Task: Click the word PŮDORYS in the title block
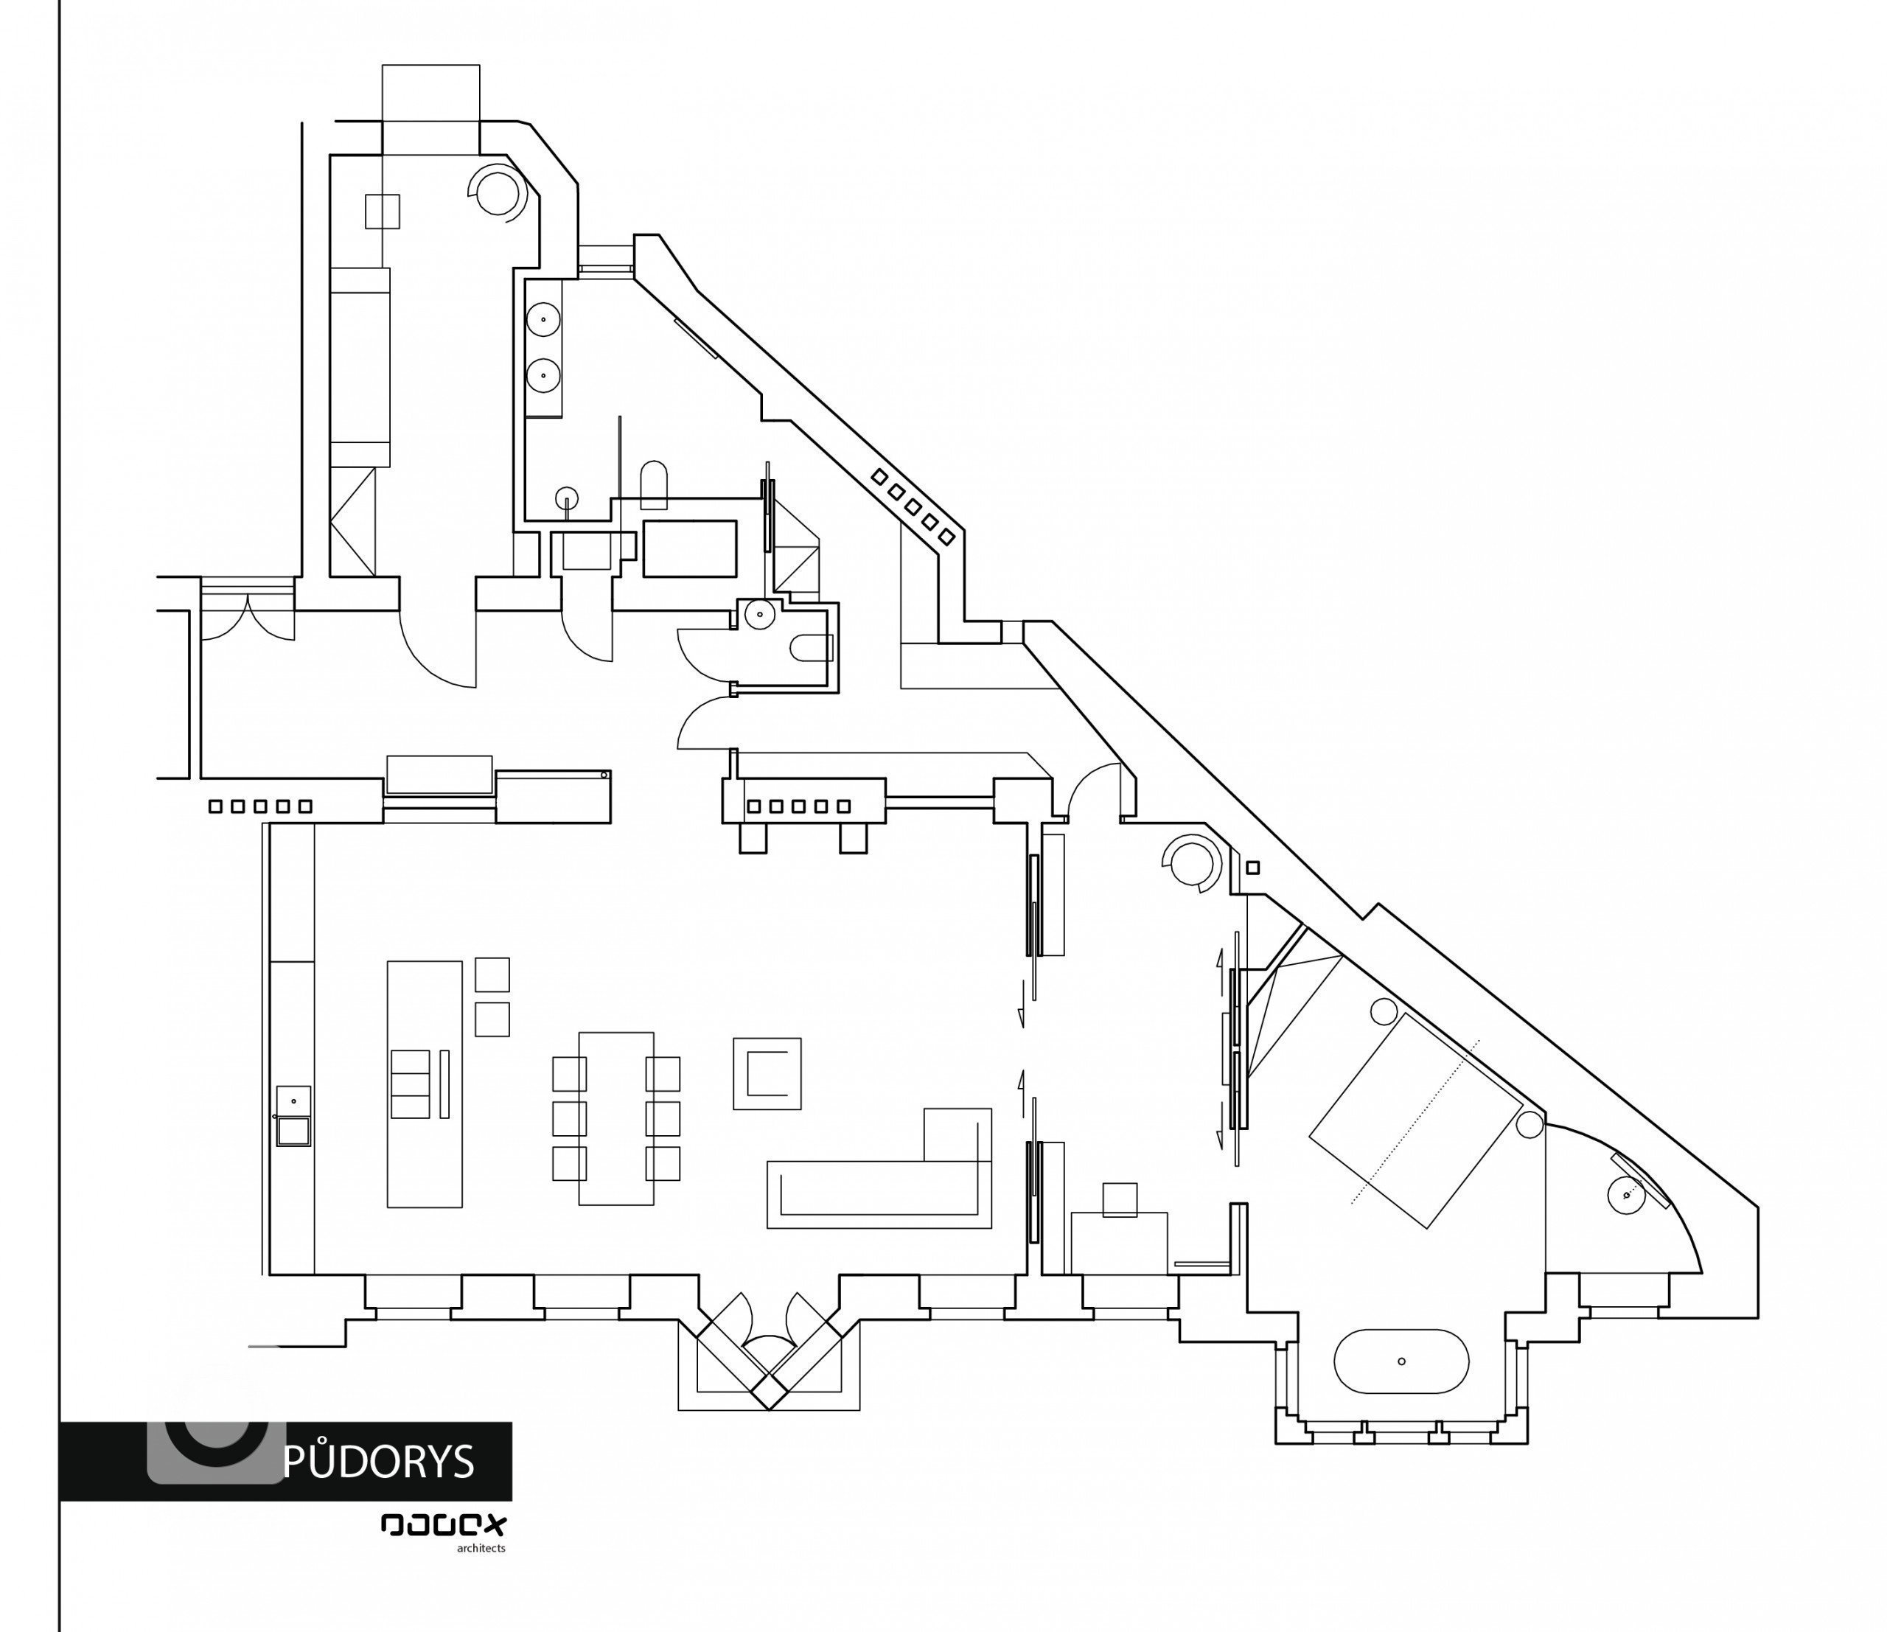click(379, 1461)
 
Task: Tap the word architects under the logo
click(480, 1548)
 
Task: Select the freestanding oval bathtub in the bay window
click(1401, 1361)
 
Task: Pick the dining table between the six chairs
click(616, 1117)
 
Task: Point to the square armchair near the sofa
click(767, 1073)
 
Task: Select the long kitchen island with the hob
click(425, 1083)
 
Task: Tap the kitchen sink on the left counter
click(293, 1115)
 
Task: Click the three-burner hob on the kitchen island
click(410, 1083)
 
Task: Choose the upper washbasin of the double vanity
click(543, 320)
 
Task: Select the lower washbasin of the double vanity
click(543, 374)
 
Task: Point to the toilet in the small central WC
click(809, 647)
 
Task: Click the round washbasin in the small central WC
click(759, 615)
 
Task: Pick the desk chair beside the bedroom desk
click(1119, 1199)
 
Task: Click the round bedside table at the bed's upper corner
click(1384, 1010)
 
